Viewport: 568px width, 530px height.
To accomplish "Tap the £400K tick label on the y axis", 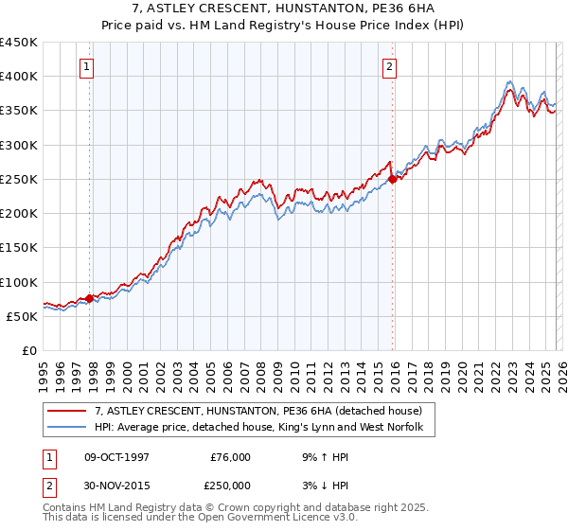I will click(19, 77).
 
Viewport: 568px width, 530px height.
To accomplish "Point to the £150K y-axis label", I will click(19, 248).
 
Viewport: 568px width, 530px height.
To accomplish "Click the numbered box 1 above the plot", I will click(87, 66).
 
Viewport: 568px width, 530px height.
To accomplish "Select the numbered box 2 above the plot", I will click(389, 66).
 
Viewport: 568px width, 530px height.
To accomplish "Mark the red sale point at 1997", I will click(90, 298).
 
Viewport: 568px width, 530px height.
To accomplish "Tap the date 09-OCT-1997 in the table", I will click(117, 457).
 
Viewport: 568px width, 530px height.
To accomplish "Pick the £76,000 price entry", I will click(231, 457).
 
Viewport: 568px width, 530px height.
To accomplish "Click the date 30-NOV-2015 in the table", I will click(117, 486).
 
